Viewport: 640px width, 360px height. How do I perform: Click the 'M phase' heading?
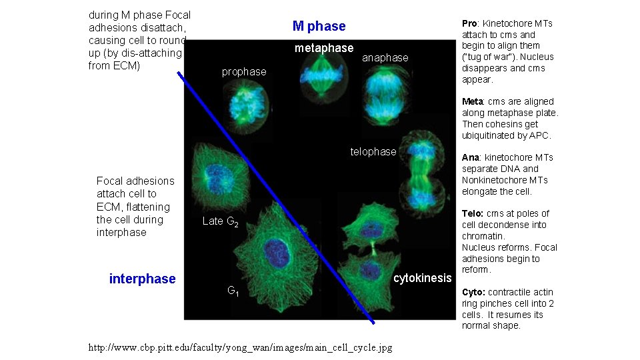tap(319, 27)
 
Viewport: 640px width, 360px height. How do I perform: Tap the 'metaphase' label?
tap(324, 48)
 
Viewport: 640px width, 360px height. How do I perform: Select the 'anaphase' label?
tap(385, 58)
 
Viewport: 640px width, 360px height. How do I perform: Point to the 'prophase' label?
tap(243, 71)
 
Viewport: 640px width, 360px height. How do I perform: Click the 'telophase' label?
tap(373, 152)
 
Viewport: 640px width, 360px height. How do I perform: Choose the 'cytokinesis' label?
tap(422, 278)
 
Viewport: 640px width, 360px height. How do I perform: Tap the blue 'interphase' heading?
tap(142, 279)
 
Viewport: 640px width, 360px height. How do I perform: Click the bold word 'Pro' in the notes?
tap(470, 23)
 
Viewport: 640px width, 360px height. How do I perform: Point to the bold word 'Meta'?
tap(472, 101)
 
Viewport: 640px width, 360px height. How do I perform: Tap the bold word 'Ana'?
tap(470, 157)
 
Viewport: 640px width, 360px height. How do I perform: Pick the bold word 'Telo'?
tap(472, 213)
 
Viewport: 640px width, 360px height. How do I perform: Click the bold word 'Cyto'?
tap(473, 292)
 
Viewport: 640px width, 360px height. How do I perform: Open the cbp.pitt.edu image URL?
tap(240, 347)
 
